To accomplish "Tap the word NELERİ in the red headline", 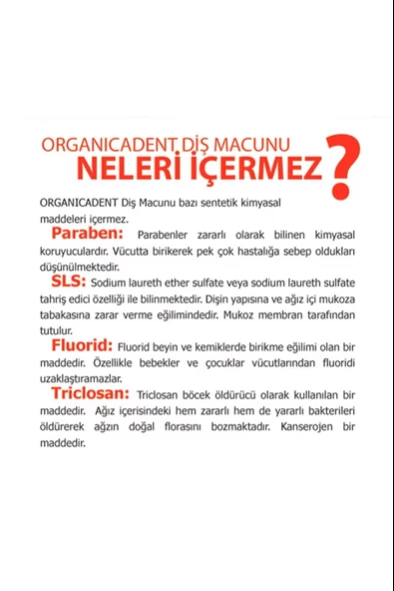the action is (x=142, y=164).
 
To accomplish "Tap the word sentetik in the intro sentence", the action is (x=243, y=201).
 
